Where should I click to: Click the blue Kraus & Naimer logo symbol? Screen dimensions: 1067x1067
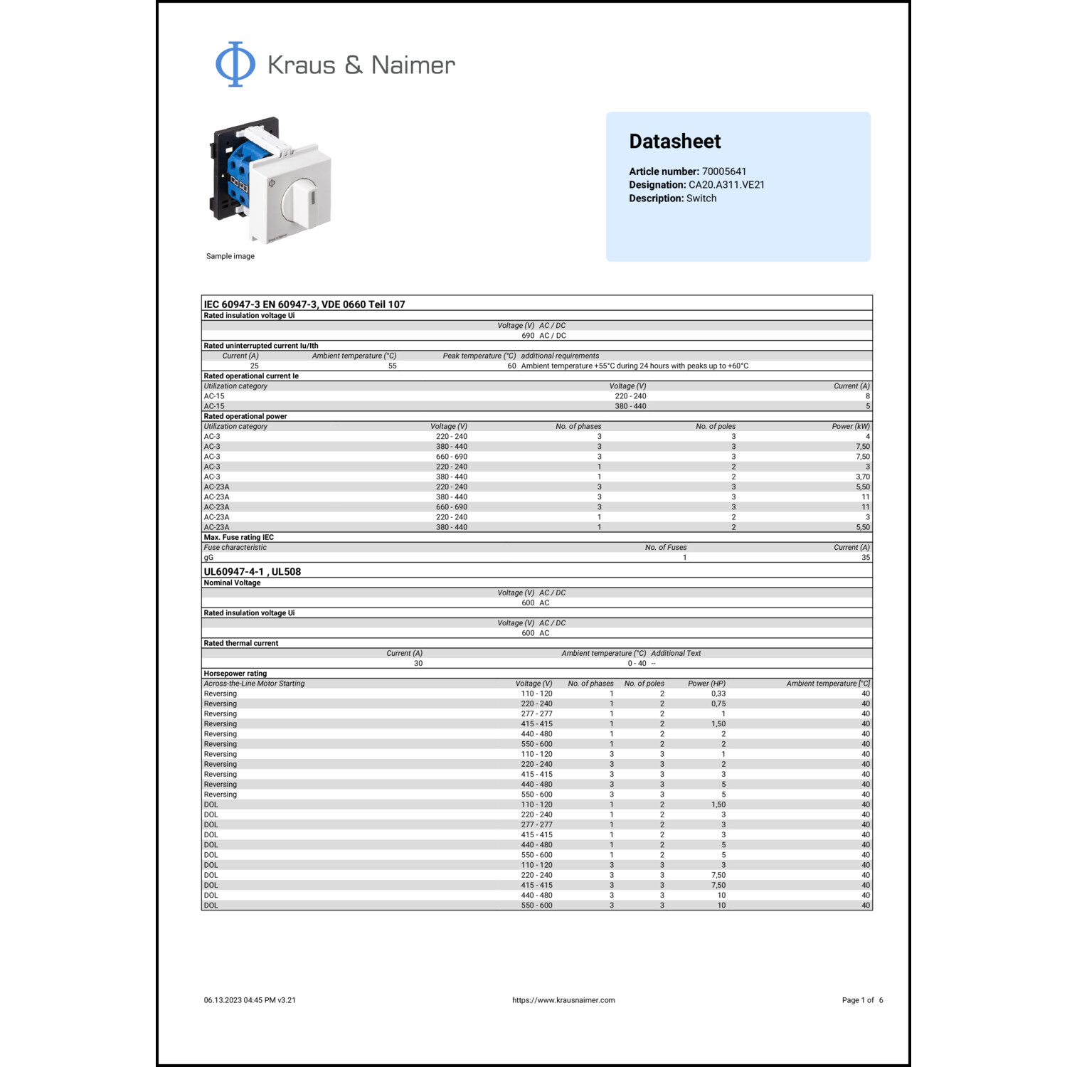(x=235, y=64)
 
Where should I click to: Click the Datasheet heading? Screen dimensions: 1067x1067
(x=674, y=142)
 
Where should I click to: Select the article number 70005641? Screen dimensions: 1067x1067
(x=723, y=171)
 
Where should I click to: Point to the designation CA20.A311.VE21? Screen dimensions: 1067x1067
(x=726, y=185)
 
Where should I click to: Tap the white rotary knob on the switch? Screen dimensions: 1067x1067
(x=300, y=200)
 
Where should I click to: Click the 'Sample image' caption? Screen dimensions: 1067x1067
(x=230, y=256)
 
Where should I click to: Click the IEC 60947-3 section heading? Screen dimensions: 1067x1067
(x=304, y=304)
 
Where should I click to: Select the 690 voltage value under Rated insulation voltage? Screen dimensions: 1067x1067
(x=528, y=336)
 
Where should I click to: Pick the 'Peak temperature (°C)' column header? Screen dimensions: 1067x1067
(x=479, y=356)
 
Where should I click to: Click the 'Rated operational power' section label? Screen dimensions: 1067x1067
(x=245, y=416)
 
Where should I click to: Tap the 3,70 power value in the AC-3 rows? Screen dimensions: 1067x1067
(x=862, y=477)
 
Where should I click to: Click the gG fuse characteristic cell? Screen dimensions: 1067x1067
(x=208, y=558)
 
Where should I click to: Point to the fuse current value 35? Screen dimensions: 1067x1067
(x=865, y=558)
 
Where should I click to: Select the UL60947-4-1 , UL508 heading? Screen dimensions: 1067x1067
(x=252, y=572)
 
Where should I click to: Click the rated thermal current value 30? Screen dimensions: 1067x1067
(x=418, y=664)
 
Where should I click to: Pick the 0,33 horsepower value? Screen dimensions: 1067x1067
(x=718, y=694)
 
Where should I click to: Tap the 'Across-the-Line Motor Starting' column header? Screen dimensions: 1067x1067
(x=254, y=684)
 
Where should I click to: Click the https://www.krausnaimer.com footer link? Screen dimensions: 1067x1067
(x=563, y=1000)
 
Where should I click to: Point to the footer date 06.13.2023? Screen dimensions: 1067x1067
(x=223, y=1000)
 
